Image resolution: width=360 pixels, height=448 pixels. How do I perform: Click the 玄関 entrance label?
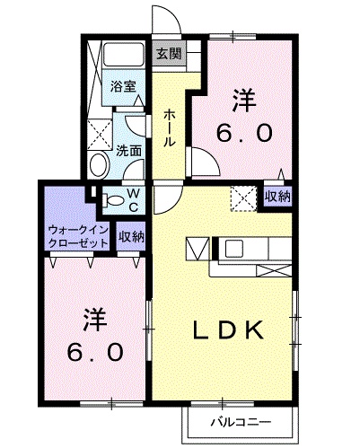168,54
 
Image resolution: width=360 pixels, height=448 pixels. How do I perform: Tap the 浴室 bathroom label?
124,86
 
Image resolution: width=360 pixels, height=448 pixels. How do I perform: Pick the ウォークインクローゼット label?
76,235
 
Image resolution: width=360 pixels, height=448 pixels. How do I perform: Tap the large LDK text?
229,329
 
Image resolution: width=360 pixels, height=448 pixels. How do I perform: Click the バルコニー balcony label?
241,419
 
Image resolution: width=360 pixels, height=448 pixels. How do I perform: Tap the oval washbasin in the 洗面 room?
97,163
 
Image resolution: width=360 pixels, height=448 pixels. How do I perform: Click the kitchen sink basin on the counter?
235,248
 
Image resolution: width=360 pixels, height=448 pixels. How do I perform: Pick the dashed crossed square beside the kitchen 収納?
242,197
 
